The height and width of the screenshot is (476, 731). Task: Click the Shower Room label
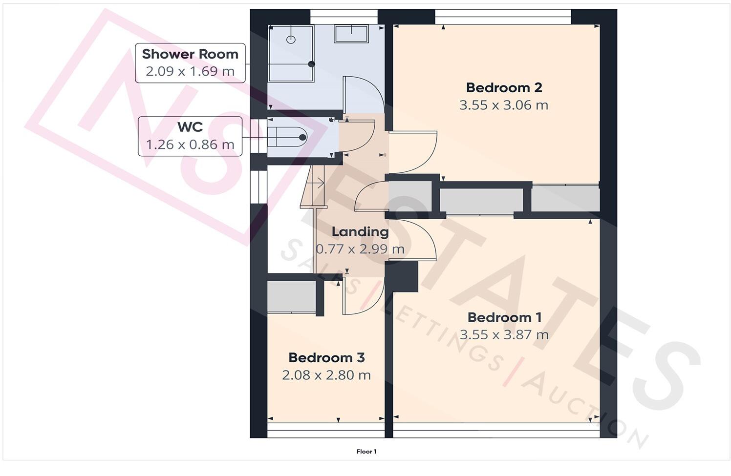(190, 54)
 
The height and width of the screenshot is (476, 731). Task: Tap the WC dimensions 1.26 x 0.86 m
(190, 145)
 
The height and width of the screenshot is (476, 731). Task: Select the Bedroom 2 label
(504, 88)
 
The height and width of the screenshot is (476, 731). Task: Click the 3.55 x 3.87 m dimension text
(504, 335)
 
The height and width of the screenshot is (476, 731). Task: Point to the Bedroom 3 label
(326, 358)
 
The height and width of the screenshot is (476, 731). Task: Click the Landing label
(360, 232)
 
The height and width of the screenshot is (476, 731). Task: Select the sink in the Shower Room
(351, 34)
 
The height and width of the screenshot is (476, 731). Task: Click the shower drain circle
(291, 40)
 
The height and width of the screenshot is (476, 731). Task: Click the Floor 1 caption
(366, 452)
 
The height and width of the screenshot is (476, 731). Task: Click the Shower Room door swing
(363, 94)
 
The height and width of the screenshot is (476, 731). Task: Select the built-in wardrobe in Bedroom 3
(291, 297)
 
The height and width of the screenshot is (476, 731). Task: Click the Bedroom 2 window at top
(503, 16)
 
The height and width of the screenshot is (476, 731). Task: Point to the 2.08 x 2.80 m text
(326, 375)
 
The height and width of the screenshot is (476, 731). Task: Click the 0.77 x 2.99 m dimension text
(360, 249)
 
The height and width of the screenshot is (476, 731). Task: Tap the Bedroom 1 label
(504, 317)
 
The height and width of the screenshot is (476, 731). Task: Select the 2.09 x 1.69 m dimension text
(190, 71)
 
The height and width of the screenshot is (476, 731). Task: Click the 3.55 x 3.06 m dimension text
(504, 105)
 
